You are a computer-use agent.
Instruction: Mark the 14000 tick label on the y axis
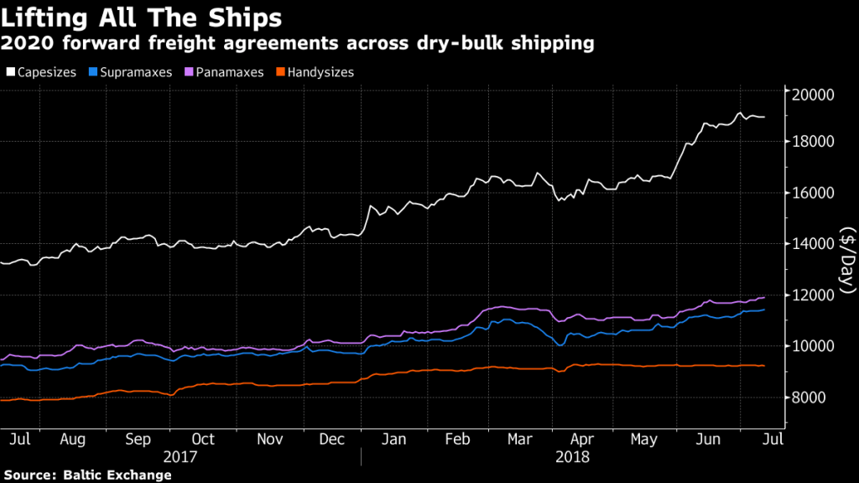(x=812, y=244)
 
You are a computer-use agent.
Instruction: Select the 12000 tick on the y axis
(x=812, y=295)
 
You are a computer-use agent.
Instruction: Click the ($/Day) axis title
(x=846, y=259)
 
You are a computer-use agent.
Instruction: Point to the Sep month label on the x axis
(x=138, y=439)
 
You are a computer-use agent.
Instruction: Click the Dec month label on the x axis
(x=333, y=439)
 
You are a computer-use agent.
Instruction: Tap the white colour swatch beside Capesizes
(x=10, y=73)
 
